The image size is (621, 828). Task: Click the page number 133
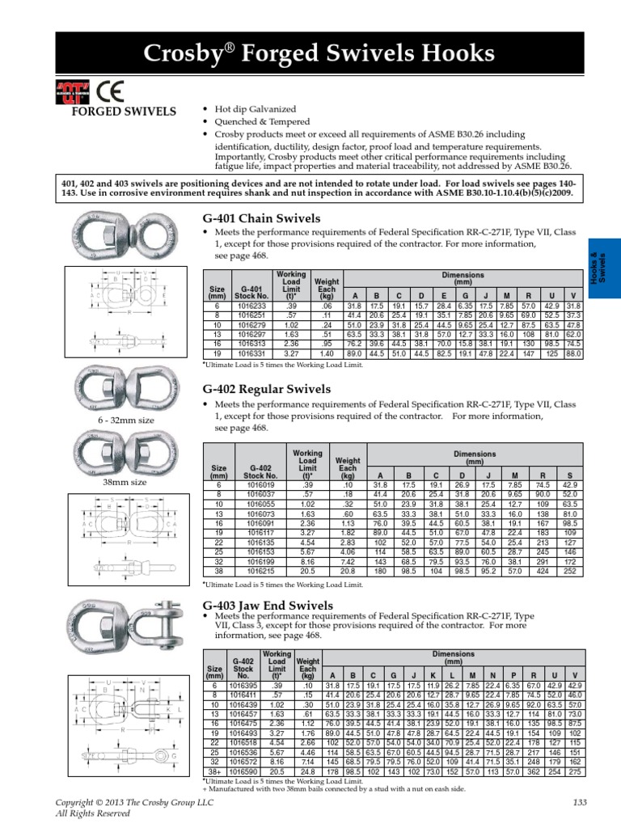pyautogui.click(x=578, y=801)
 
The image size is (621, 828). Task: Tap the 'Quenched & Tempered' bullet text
pyautogui.click(x=256, y=121)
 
